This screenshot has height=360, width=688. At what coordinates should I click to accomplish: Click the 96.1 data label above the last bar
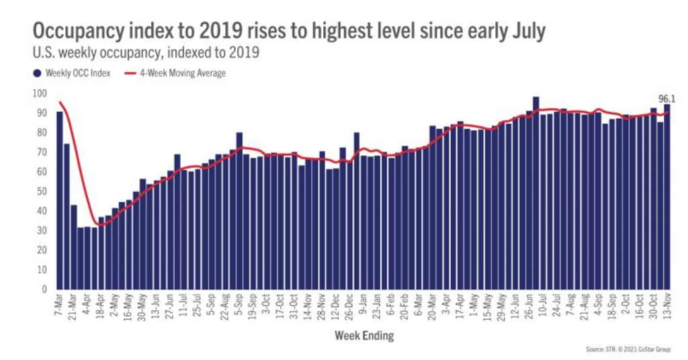(666, 99)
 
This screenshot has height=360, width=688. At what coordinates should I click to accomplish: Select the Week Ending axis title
(363, 334)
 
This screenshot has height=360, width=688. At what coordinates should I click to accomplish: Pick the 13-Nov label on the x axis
(667, 306)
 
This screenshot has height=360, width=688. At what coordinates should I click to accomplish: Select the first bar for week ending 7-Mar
(60, 200)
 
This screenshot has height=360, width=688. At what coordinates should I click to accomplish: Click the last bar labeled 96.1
(667, 197)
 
